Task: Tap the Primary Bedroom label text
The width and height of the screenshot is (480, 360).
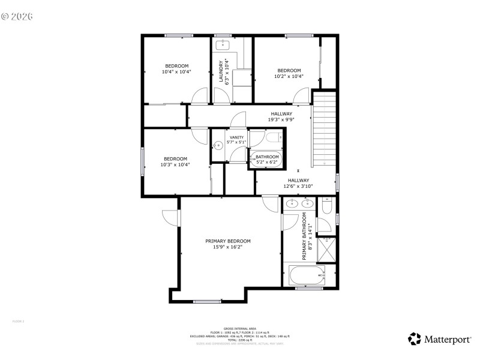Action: [x=228, y=241]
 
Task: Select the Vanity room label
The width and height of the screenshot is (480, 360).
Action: [x=236, y=138]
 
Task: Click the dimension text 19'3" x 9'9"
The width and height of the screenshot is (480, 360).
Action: [x=281, y=119]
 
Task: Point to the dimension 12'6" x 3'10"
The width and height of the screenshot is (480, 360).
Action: [x=298, y=186]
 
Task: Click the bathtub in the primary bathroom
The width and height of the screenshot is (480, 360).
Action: [x=307, y=276]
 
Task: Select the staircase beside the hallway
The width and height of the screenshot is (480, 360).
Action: [x=323, y=128]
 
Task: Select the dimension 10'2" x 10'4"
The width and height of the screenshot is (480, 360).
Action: [x=289, y=76]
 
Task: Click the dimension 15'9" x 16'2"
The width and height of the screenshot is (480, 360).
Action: [x=228, y=247]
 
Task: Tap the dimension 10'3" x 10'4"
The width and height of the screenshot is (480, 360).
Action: [x=175, y=164]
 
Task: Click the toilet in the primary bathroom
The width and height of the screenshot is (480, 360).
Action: [x=326, y=207]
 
